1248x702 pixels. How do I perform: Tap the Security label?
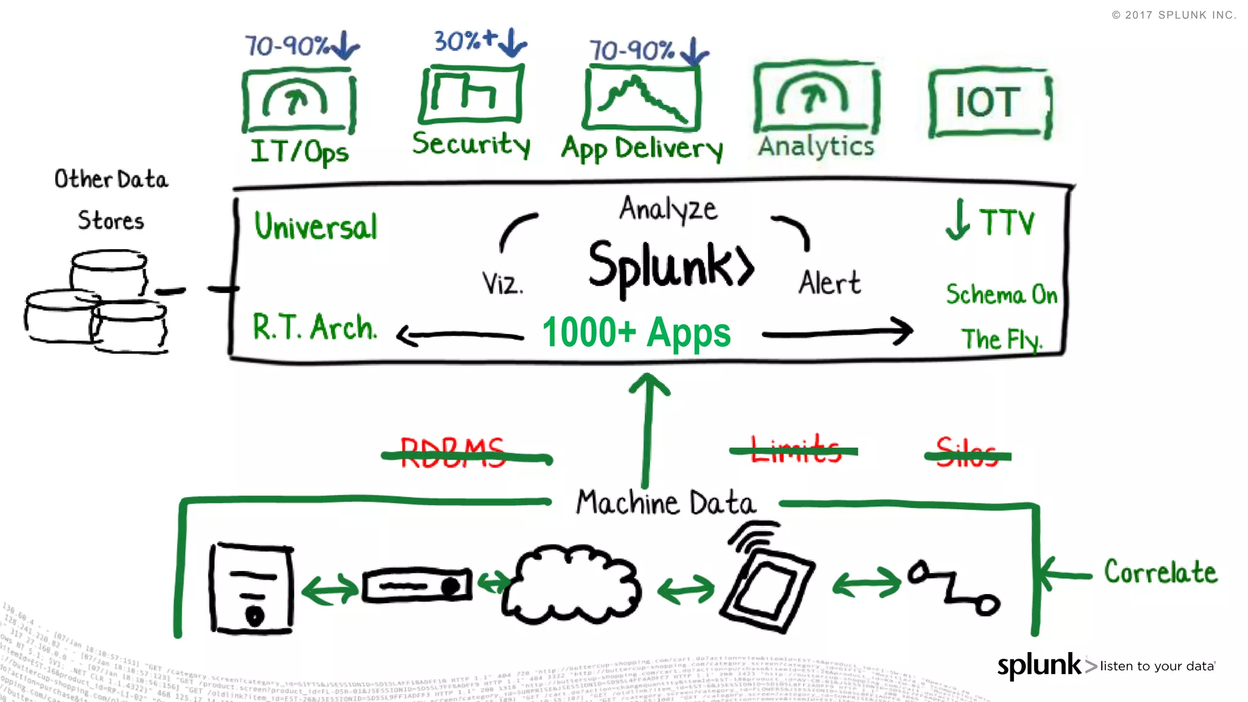click(471, 144)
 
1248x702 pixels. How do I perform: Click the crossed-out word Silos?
click(967, 453)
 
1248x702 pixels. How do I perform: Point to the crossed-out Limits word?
click(795, 450)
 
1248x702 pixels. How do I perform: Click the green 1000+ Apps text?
click(636, 333)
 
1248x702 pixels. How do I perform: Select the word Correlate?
click(1160, 572)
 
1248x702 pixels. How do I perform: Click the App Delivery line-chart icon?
click(641, 99)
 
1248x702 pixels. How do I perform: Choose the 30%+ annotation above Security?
click(466, 41)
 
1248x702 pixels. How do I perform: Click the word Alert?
click(829, 283)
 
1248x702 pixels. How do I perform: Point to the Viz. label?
click(502, 284)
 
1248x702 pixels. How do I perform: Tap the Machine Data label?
click(665, 503)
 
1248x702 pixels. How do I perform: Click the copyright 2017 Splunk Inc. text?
click(1174, 15)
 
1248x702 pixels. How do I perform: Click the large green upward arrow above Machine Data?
click(648, 427)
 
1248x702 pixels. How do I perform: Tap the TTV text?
click(1006, 222)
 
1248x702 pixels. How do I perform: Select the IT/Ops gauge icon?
click(298, 101)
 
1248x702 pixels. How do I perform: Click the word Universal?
click(316, 226)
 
